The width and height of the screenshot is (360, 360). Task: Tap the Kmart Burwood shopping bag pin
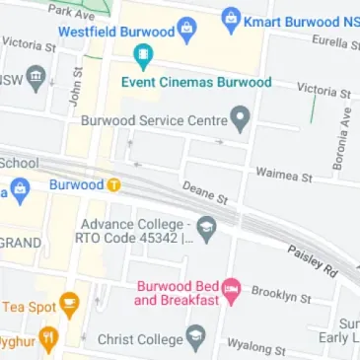click(231, 17)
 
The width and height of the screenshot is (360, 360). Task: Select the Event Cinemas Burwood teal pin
click(144, 58)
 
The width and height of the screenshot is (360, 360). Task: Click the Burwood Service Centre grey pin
click(240, 120)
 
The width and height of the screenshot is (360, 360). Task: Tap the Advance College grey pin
click(206, 229)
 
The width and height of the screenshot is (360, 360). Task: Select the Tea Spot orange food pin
click(69, 305)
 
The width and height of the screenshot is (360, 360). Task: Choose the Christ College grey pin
click(196, 338)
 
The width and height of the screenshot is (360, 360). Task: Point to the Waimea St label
click(283, 175)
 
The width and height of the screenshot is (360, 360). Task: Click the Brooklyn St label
click(281, 293)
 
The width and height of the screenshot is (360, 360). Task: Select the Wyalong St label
click(256, 347)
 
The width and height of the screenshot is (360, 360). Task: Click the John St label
click(75, 94)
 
